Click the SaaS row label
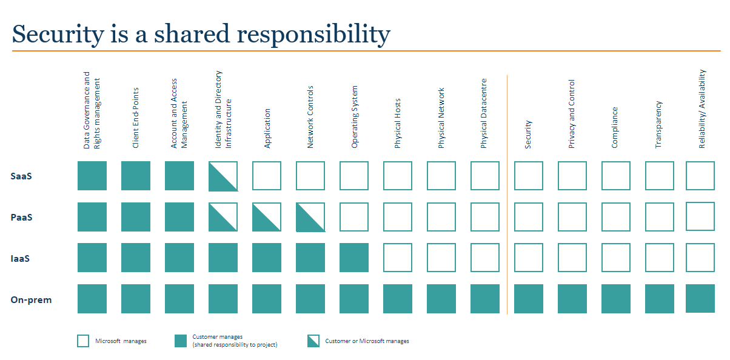21,176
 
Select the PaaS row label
21,218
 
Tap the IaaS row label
20,259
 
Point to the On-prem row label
32,300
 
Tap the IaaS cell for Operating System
354,258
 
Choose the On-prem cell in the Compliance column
616,299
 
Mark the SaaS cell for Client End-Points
136,176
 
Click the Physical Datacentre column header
484,113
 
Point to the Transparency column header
658,124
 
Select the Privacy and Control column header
572,114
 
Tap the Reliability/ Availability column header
702,109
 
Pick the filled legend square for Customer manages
181,341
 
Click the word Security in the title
58,35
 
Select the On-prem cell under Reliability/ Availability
700,298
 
